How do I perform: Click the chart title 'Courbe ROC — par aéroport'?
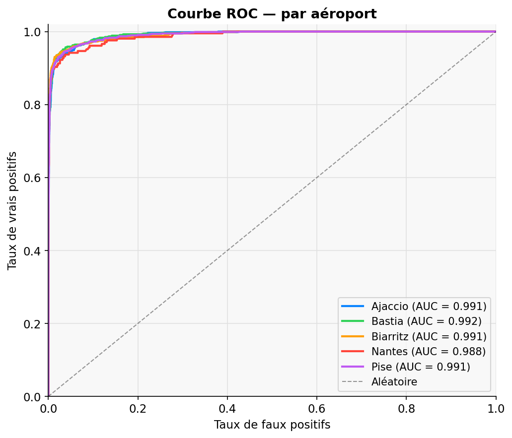click(272, 13)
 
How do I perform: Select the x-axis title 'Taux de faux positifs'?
click(272, 425)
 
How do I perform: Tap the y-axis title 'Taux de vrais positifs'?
click(12, 211)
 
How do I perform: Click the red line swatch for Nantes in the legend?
click(353, 351)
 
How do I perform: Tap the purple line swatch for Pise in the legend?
click(353, 367)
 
